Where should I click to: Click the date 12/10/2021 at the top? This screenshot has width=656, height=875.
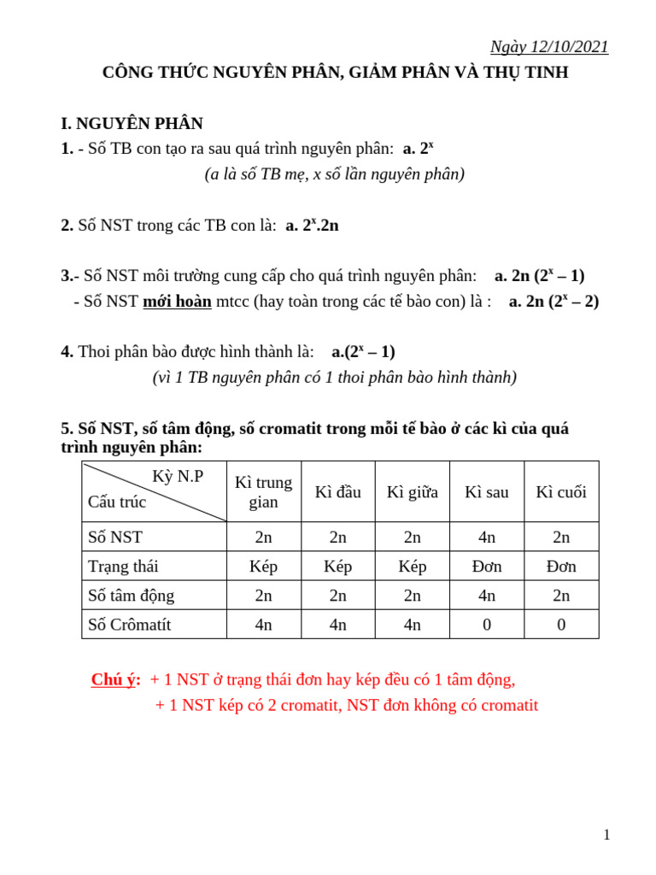(565, 47)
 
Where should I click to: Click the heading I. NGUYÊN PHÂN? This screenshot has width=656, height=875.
(132, 123)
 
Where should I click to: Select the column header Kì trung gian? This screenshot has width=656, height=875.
(263, 492)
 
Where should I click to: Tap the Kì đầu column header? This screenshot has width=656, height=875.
(338, 492)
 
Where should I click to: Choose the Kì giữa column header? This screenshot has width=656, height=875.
(413, 492)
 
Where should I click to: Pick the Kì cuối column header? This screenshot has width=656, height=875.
(561, 492)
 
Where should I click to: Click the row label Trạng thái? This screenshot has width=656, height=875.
(123, 566)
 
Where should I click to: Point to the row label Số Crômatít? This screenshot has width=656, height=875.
(130, 625)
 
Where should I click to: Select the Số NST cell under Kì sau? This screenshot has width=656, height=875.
(487, 537)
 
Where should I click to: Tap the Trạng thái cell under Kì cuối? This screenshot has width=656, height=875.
(561, 566)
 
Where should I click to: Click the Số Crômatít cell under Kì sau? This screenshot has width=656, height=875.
(487, 625)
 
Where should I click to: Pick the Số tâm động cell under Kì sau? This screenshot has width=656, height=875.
(487, 595)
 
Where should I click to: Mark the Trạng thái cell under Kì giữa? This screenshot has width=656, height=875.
(413, 566)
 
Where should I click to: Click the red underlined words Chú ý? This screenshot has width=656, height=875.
(115, 680)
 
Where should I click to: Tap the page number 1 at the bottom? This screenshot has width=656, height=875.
(606, 835)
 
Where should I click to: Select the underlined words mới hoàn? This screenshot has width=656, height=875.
(177, 301)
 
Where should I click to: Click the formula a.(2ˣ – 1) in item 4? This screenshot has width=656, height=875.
(363, 351)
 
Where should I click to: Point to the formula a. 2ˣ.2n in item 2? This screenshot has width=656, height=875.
(312, 226)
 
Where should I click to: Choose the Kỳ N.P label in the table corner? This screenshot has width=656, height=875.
(178, 477)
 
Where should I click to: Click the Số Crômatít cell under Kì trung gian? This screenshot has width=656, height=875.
(263, 625)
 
